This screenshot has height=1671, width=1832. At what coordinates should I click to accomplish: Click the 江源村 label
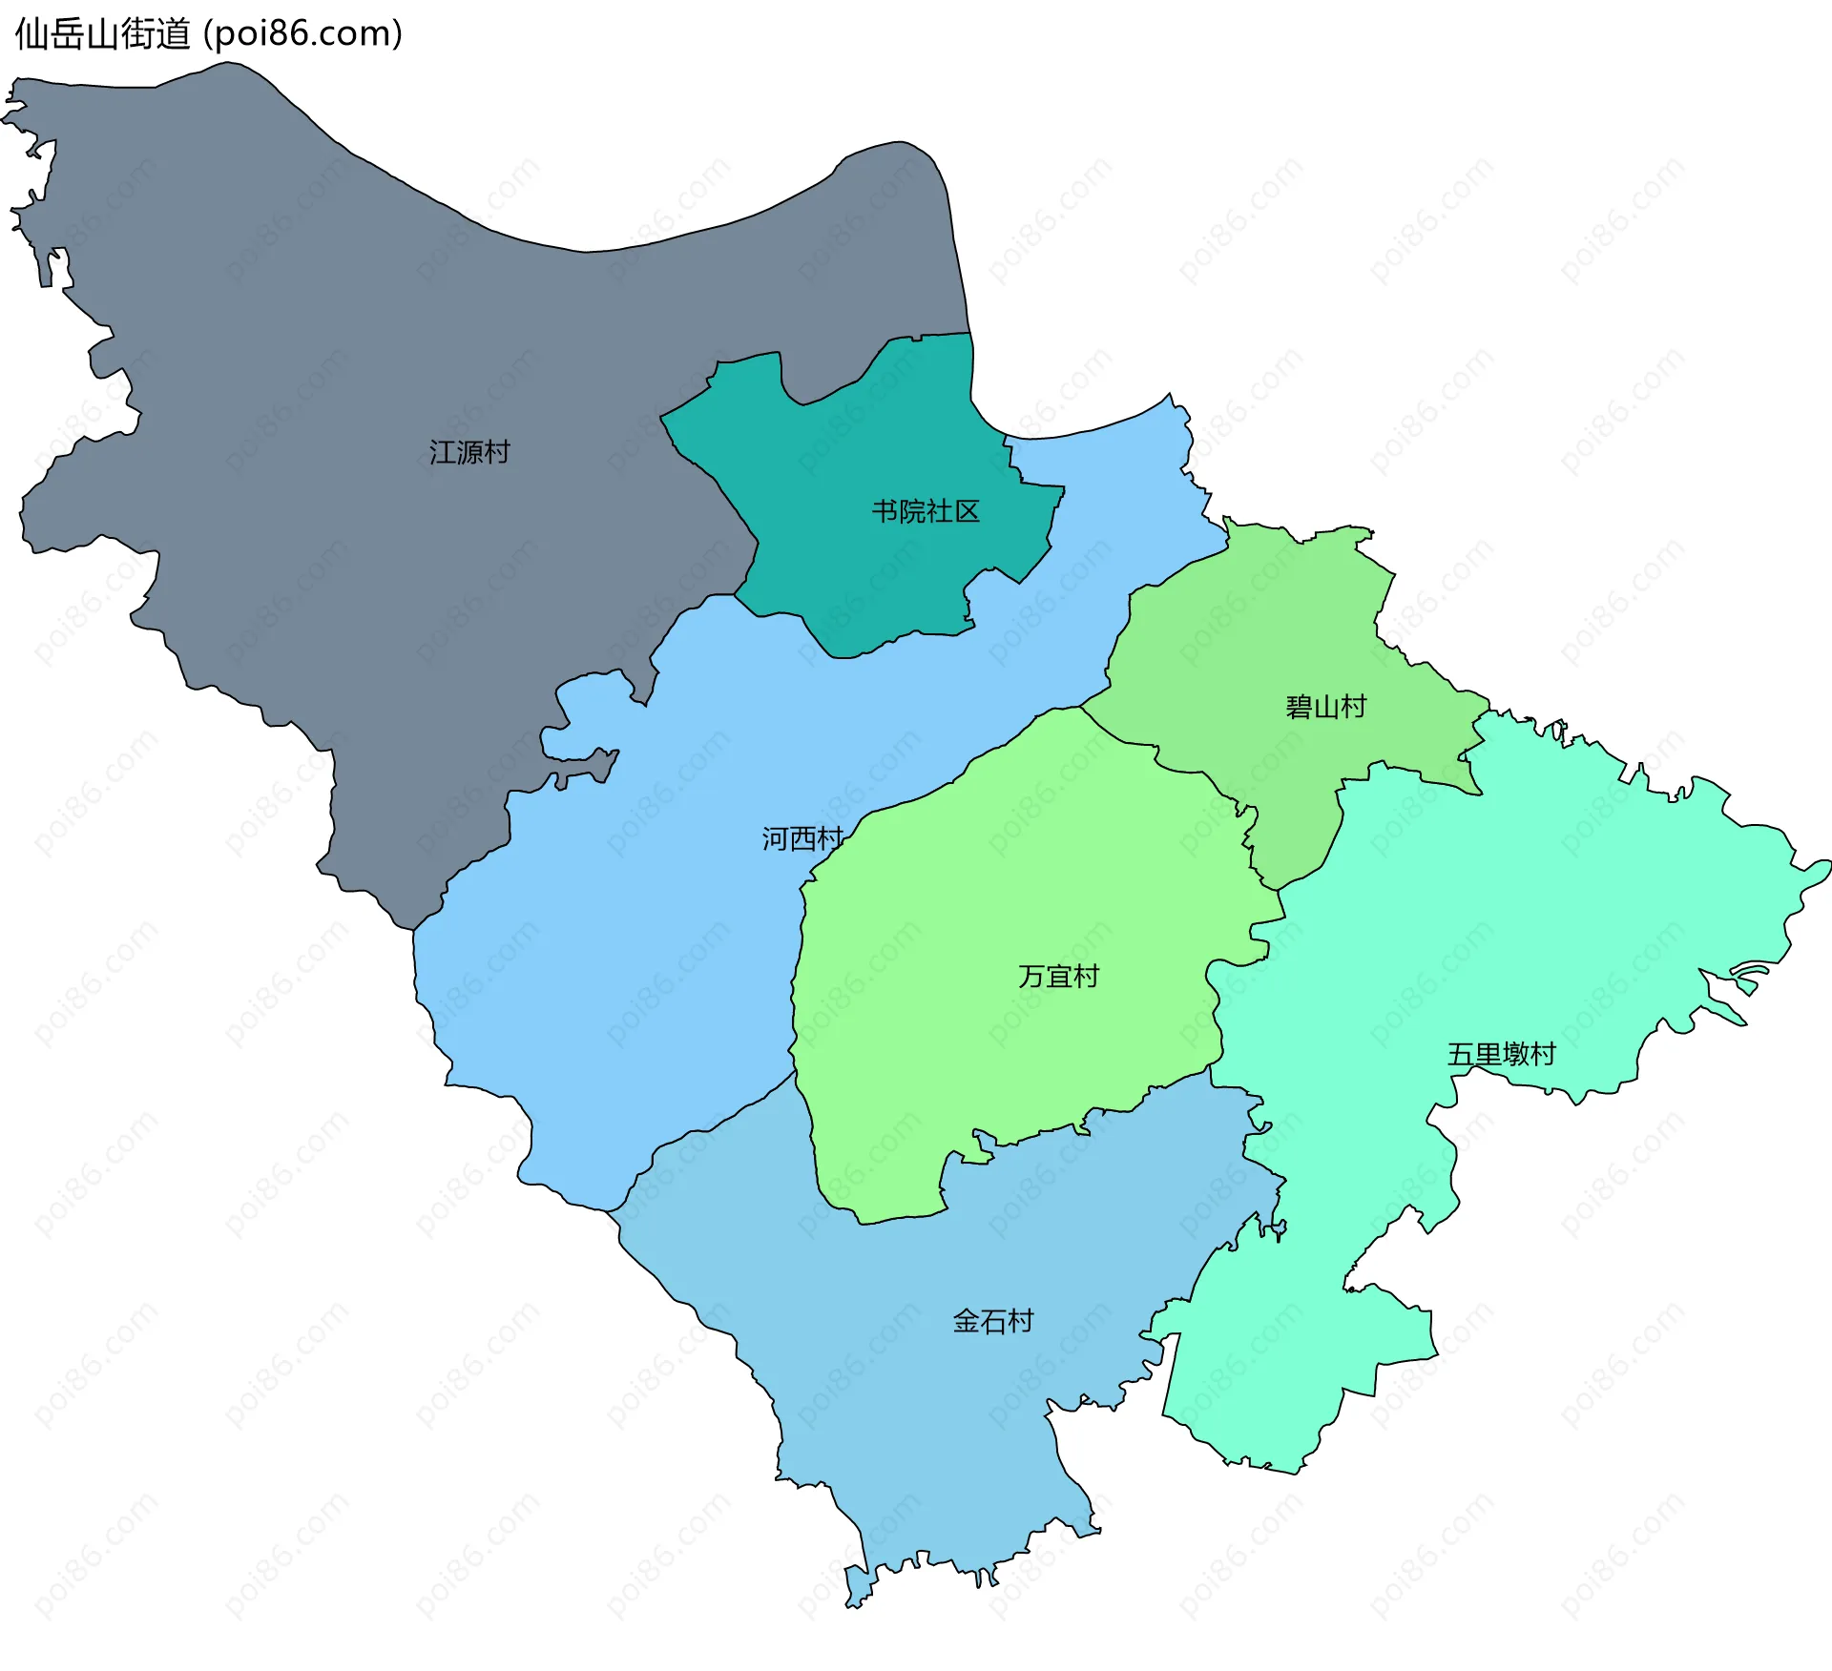coord(469,452)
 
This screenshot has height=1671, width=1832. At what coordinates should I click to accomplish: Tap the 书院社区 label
coord(925,512)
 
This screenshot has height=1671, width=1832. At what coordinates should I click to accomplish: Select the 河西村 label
coord(801,839)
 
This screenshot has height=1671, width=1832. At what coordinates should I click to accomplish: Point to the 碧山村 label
coord(1325,707)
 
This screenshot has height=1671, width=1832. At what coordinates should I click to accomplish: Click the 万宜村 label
coord(1058,977)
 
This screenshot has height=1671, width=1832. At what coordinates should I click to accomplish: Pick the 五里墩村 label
coord(1501,1054)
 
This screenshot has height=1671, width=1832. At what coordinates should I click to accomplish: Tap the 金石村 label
coord(993,1321)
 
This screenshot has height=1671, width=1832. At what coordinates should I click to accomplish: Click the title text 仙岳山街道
coord(103,34)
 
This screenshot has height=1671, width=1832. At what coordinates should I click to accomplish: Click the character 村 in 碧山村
coord(1353,707)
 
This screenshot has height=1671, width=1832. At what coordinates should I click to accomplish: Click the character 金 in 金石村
coord(967,1321)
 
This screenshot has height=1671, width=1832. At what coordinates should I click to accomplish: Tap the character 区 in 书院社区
coord(967,512)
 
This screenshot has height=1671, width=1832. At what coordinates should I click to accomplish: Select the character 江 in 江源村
coord(442,452)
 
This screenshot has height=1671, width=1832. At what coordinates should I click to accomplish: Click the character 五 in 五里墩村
coord(1461,1054)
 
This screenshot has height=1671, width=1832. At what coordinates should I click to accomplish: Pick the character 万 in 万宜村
coord(1031,977)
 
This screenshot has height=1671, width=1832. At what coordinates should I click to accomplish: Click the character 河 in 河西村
coord(775,839)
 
